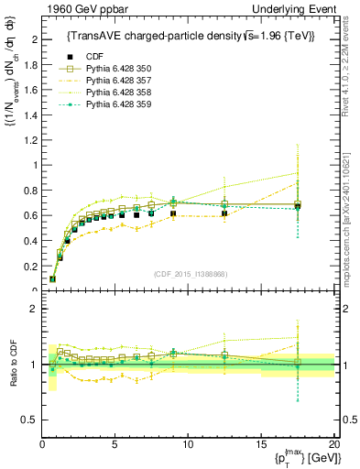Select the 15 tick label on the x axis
[261, 444]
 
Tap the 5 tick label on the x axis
[115, 444]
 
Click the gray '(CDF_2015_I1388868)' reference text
[188, 273]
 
